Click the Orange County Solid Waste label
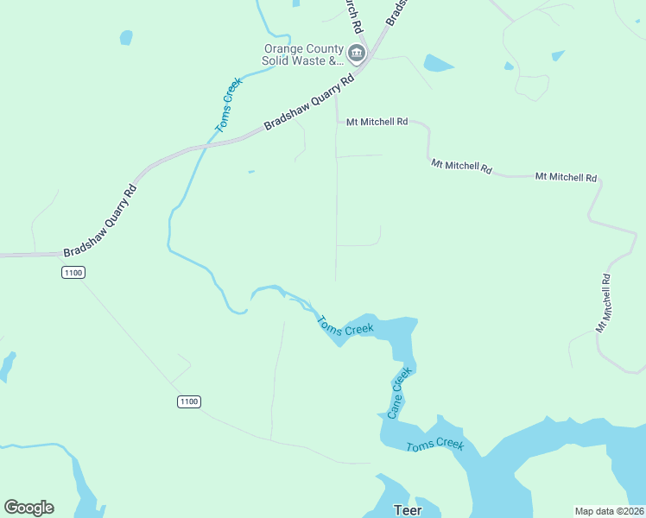pyautogui.click(x=303, y=55)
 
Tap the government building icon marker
pyautogui.click(x=356, y=54)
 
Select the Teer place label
pyautogui.click(x=408, y=510)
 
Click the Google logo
pyautogui.click(x=28, y=508)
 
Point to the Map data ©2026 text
pyautogui.click(x=609, y=511)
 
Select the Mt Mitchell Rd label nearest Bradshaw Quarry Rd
pyautogui.click(x=377, y=123)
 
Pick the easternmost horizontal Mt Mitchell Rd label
pyautogui.click(x=566, y=177)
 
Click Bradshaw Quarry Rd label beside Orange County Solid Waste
pyautogui.click(x=309, y=101)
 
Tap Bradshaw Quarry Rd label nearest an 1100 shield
pyautogui.click(x=100, y=221)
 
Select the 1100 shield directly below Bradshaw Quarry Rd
pyautogui.click(x=73, y=273)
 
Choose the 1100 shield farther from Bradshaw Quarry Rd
pyautogui.click(x=189, y=401)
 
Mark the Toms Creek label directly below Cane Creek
pyautogui.click(x=435, y=445)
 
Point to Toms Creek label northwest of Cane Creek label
pyautogui.click(x=345, y=326)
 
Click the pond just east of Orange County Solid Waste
pyautogui.click(x=438, y=63)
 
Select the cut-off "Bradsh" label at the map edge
pyautogui.click(x=395, y=12)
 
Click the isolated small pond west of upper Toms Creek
pyautogui.click(x=126, y=37)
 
